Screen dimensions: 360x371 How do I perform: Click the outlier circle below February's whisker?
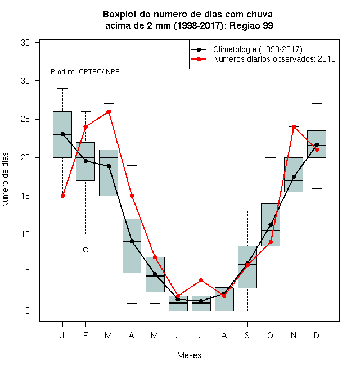(85, 250)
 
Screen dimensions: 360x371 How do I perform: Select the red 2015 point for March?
(109, 111)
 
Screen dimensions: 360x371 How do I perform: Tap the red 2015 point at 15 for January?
(62, 196)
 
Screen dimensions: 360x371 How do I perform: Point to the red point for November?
(294, 127)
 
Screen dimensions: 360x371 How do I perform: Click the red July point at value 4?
(201, 280)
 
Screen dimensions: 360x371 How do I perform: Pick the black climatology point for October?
(271, 224)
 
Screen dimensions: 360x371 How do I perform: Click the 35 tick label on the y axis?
(25, 43)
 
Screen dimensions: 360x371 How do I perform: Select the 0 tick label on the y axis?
(28, 311)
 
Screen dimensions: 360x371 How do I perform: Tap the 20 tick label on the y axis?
(25, 157)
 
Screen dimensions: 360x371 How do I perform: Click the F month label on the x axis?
(85, 335)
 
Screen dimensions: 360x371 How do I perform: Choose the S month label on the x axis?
(247, 335)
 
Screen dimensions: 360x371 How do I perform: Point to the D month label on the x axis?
(317, 335)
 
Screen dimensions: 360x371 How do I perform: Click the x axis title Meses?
(189, 355)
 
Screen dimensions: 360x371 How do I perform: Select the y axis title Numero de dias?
(5, 180)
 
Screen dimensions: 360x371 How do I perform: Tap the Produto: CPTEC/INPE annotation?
(85, 72)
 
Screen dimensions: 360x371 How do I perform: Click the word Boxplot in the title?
(120, 15)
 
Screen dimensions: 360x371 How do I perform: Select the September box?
(247, 267)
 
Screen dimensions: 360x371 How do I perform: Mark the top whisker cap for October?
(271, 157)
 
